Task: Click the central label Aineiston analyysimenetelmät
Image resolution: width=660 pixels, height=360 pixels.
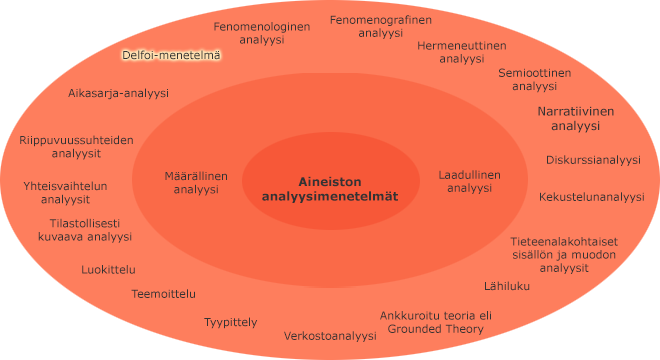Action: [x=330, y=189]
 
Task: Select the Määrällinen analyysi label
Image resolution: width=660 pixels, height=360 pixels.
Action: [x=196, y=182]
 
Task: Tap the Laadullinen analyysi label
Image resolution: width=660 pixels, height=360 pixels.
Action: [x=469, y=181]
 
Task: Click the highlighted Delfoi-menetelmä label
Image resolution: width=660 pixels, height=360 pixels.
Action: [x=171, y=55]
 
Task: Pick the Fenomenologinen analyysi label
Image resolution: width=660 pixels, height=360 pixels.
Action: [x=263, y=33]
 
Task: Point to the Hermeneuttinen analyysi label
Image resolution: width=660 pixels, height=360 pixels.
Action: [x=461, y=52]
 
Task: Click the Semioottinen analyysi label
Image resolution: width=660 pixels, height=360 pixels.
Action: [x=534, y=79]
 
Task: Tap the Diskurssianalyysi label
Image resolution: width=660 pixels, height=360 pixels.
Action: [x=593, y=160]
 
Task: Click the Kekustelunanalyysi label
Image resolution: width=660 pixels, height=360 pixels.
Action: [x=591, y=197]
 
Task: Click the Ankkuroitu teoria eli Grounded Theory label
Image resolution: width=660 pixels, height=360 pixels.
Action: [x=435, y=322]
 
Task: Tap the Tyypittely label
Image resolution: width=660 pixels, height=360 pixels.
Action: [x=231, y=322]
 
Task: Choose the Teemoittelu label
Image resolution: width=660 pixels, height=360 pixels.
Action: [x=164, y=294]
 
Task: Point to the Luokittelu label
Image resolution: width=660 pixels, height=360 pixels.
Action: [x=109, y=269]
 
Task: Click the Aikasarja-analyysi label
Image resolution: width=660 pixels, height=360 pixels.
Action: [x=118, y=93]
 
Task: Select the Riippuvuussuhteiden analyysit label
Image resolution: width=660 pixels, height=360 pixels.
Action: [x=76, y=147]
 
